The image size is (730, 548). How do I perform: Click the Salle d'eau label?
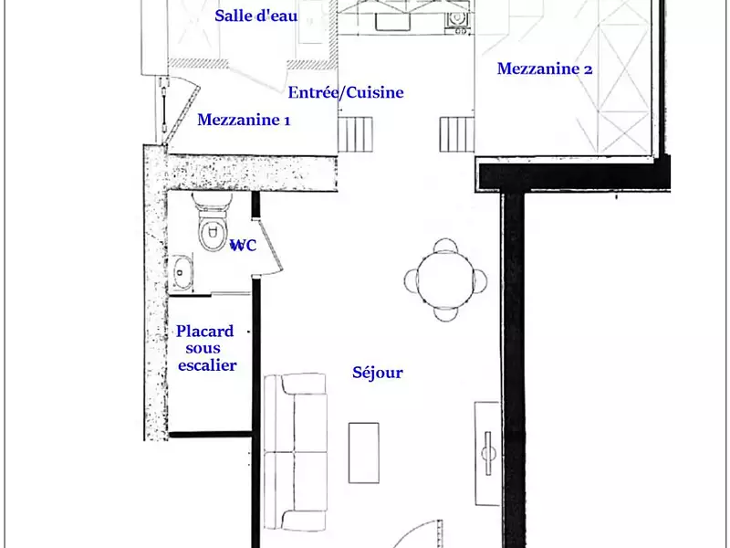255,16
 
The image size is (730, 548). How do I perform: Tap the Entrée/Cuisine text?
345,92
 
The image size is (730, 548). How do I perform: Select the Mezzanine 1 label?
244,120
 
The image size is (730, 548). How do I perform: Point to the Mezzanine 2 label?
545,68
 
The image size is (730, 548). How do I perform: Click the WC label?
243,246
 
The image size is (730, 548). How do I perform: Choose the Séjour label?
377,373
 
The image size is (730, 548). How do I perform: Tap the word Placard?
204,332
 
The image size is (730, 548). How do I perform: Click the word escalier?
207,365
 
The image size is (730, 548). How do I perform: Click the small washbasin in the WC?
182,269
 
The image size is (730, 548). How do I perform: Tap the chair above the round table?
445,246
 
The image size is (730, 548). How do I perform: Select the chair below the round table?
445,311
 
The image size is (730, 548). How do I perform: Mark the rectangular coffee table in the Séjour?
365,452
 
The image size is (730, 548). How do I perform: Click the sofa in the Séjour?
294,452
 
